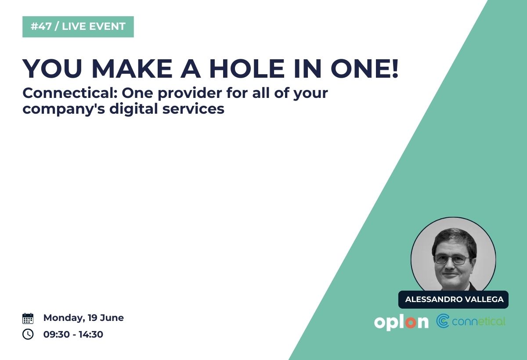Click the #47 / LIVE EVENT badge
pyautogui.click(x=78, y=27)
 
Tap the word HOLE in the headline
pyautogui.click(x=247, y=68)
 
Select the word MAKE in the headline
pyautogui.click(x=132, y=68)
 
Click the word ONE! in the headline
pyautogui.click(x=365, y=68)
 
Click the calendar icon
pyautogui.click(x=28, y=318)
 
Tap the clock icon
pyautogui.click(x=28, y=334)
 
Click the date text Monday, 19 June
pyautogui.click(x=83, y=318)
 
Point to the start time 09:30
pyautogui.click(x=57, y=335)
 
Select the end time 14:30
pyautogui.click(x=91, y=335)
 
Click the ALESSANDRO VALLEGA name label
pyautogui.click(x=453, y=299)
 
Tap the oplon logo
pyautogui.click(x=401, y=322)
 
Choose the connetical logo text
pyautogui.click(x=479, y=322)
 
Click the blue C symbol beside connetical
pyautogui.click(x=443, y=321)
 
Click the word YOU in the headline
pyautogui.click(x=52, y=68)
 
